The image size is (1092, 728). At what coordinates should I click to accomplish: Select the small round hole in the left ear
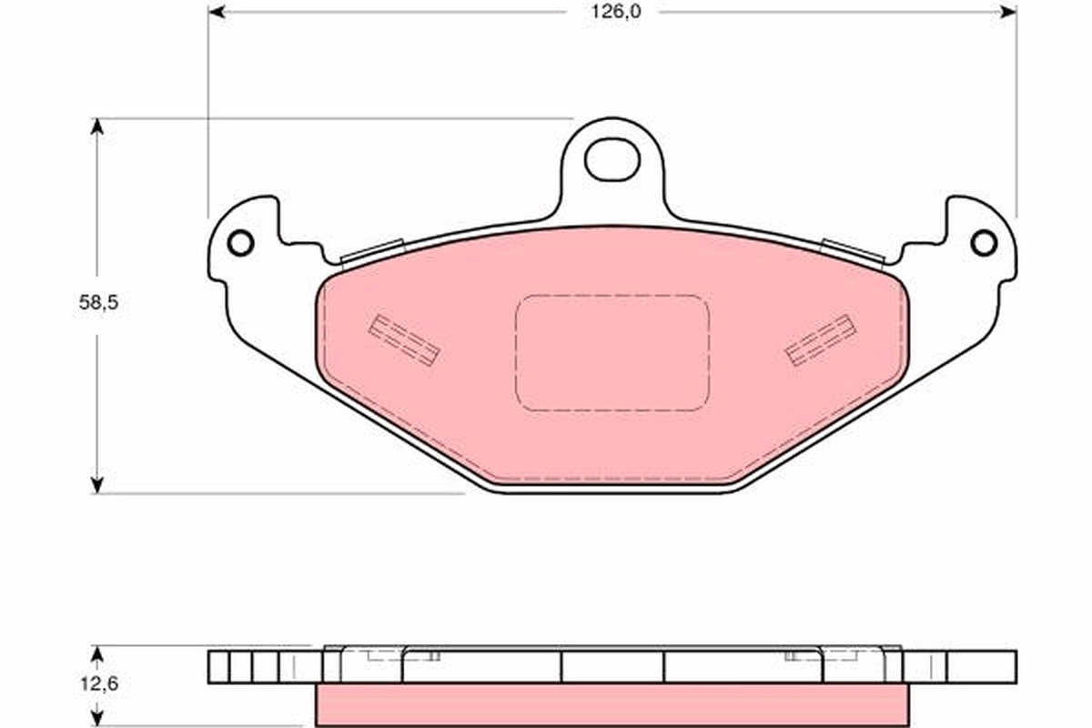click(240, 243)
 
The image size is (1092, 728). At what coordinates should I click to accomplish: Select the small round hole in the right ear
click(984, 243)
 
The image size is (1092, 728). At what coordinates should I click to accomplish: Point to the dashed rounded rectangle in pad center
click(612, 352)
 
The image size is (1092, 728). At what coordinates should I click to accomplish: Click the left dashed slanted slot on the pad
click(405, 339)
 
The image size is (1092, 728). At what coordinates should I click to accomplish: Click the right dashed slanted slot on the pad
click(820, 339)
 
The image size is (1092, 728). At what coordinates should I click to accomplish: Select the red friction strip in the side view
click(612, 703)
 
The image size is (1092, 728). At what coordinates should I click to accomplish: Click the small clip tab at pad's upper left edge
click(371, 250)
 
